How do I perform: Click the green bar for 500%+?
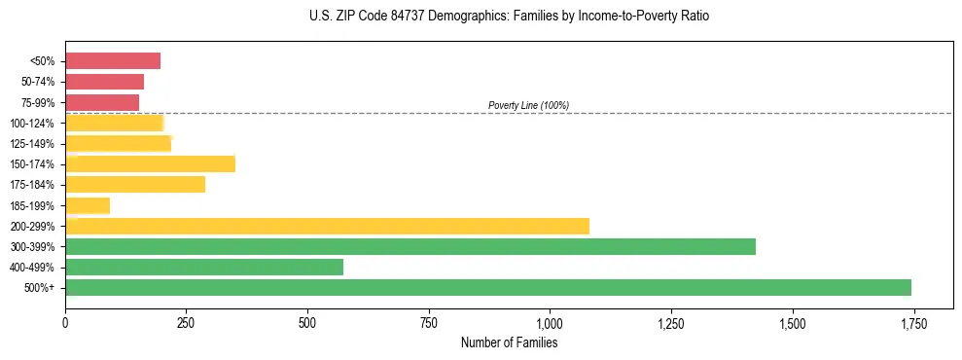(488, 287)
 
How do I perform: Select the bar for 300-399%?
(410, 246)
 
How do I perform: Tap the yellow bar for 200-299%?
(327, 226)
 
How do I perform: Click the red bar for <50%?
(113, 61)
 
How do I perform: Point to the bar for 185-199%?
(88, 205)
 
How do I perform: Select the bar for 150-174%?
(150, 163)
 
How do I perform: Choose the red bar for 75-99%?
(102, 102)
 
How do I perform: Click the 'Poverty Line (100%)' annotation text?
(528, 105)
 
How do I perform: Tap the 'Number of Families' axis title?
(510, 342)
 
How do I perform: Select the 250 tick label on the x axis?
(187, 323)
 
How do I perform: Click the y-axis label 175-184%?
(32, 185)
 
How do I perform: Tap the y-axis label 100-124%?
(32, 124)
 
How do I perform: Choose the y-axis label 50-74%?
(35, 82)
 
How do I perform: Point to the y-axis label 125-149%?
(32, 144)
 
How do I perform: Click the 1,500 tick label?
(793, 323)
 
